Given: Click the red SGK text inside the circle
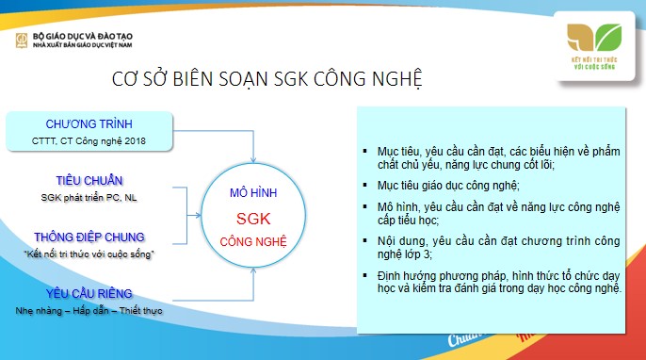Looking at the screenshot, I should (x=252, y=218).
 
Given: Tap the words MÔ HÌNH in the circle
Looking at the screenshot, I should (x=252, y=193).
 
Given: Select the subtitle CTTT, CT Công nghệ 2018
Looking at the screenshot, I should (x=89, y=141).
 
